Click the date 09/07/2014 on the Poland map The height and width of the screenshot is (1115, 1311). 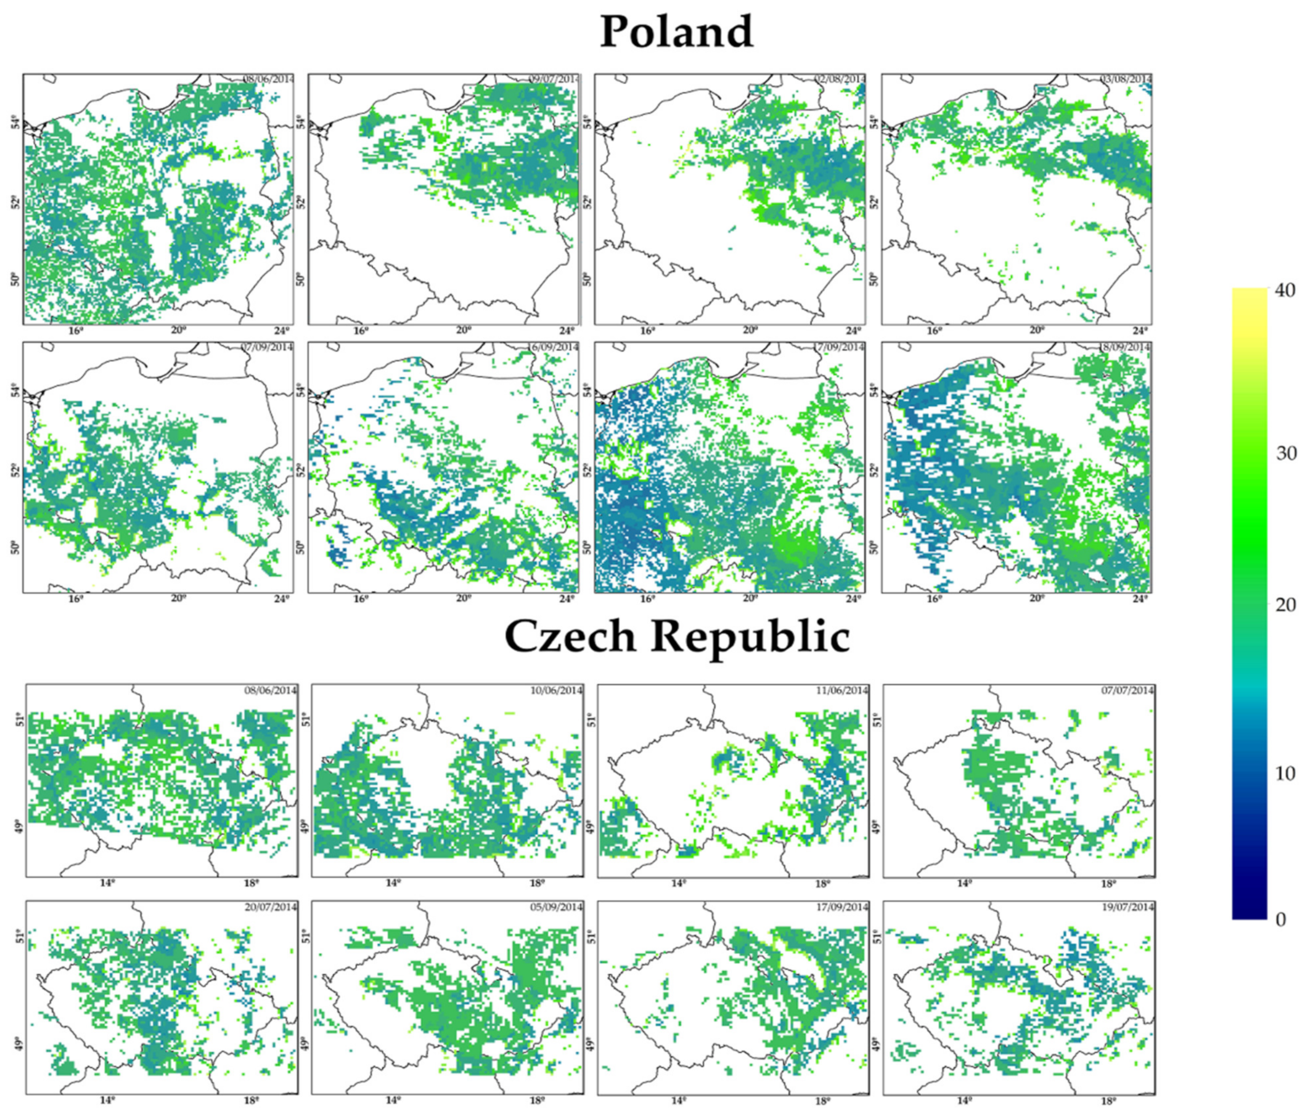[553, 79]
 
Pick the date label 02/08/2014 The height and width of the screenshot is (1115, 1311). [839, 79]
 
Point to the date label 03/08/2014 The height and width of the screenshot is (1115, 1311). [1126, 79]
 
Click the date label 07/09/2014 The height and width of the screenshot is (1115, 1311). [268, 347]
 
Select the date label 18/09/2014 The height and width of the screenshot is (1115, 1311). [1126, 347]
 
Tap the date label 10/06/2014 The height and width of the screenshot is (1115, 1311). [557, 690]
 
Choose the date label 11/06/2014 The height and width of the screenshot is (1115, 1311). [843, 690]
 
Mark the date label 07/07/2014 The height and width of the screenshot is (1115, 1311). [1128, 690]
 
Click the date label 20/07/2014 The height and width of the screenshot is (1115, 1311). [270, 906]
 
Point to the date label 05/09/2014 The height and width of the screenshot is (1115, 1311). [557, 906]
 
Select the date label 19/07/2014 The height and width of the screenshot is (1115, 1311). [1128, 906]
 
